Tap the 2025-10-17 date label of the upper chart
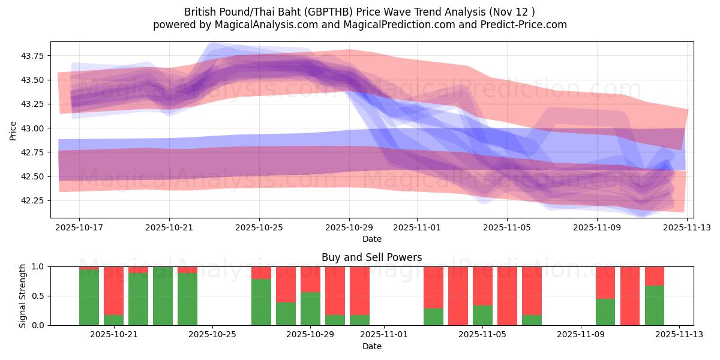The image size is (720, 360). click(x=79, y=228)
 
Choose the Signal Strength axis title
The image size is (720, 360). click(x=22, y=296)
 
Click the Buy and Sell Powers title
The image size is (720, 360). click(x=371, y=257)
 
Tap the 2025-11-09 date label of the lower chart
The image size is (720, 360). click(x=581, y=335)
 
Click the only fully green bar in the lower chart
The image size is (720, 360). click(x=163, y=296)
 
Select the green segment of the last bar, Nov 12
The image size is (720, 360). click(x=655, y=305)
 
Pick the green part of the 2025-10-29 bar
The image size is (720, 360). click(x=310, y=308)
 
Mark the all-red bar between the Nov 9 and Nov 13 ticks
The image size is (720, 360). click(x=630, y=296)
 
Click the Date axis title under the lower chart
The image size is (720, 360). click(x=371, y=346)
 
